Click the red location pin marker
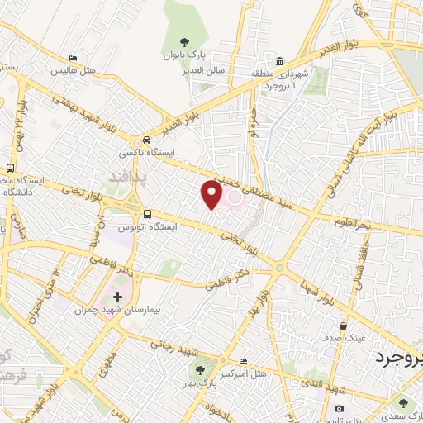pyautogui.click(x=211, y=194)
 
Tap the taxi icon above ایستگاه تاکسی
pyautogui.click(x=146, y=140)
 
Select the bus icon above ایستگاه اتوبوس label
pyautogui.click(x=146, y=212)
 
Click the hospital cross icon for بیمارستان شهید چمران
pyautogui.click(x=116, y=297)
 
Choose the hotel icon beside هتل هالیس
pyautogui.click(x=74, y=59)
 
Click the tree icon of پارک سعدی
pyautogui.click(x=403, y=403)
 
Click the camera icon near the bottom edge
pyautogui.click(x=340, y=408)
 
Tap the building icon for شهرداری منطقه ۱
pyautogui.click(x=279, y=61)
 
